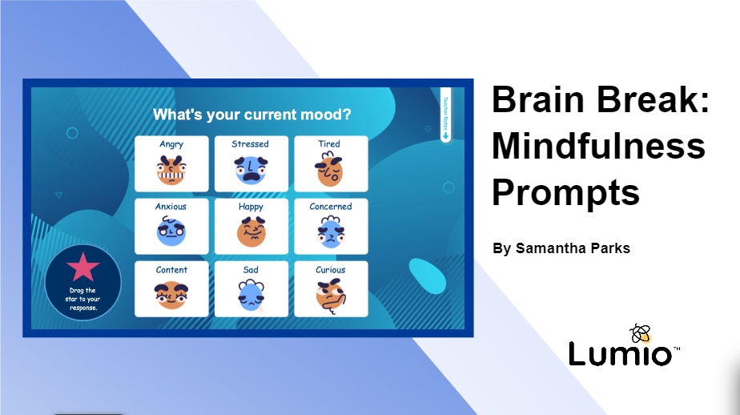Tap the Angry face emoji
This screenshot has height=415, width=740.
click(171, 171)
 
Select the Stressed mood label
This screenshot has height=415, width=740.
click(251, 144)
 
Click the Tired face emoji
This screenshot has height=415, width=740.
click(329, 171)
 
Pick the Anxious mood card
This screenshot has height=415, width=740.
click(171, 226)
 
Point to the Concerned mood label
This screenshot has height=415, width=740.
click(331, 207)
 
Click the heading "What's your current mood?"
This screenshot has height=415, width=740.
click(251, 115)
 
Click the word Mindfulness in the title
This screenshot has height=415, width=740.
click(598, 147)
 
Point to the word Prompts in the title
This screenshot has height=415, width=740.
click(565, 193)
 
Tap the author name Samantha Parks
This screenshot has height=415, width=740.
click(561, 248)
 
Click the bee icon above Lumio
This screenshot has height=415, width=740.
click(641, 332)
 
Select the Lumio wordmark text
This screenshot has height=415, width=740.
click(621, 354)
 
